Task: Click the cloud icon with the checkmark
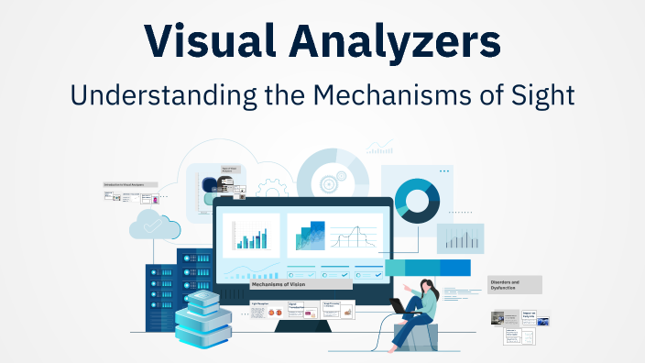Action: pyautogui.click(x=149, y=223)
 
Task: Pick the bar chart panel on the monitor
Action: pyautogui.click(x=251, y=235)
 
